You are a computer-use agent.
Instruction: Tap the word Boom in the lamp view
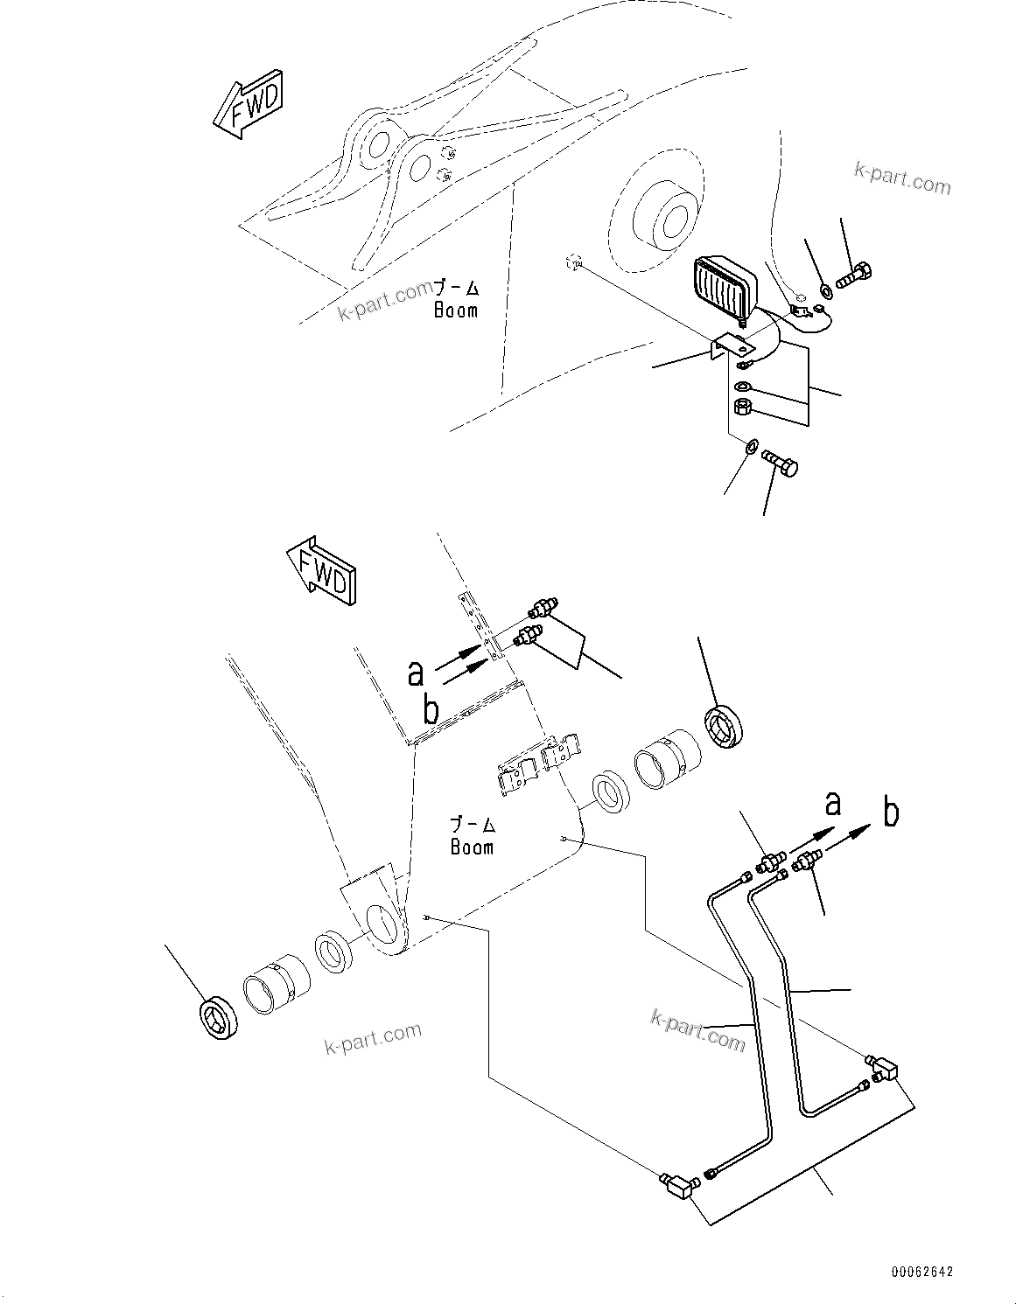click(456, 310)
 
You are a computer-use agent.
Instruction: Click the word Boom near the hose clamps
click(472, 847)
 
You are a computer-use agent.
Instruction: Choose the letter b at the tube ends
click(891, 812)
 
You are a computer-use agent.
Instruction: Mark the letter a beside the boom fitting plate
click(416, 673)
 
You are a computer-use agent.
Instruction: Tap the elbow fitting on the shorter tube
click(884, 1068)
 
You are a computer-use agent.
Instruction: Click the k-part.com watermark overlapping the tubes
click(697, 1029)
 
